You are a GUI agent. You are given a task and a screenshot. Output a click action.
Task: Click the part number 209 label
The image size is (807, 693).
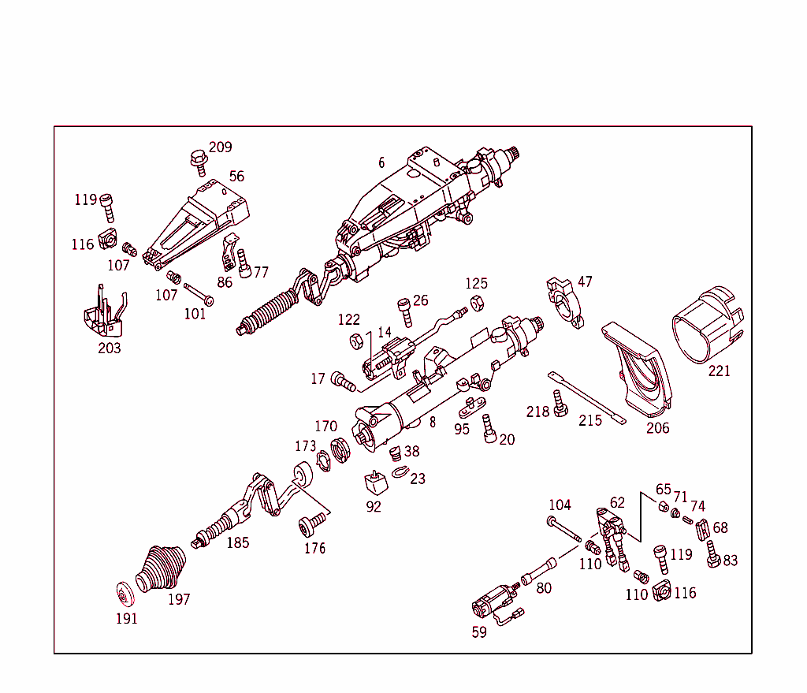point(221,147)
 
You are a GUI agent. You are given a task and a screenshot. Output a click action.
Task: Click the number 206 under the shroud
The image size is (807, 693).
point(657,428)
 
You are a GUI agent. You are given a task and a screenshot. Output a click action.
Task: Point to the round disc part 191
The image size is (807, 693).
point(124,594)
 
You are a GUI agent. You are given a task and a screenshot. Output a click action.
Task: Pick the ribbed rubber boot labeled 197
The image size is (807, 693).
point(162,570)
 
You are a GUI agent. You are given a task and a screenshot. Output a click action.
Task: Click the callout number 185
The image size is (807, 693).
point(238,542)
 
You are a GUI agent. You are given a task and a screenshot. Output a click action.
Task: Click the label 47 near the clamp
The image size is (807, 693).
point(585,281)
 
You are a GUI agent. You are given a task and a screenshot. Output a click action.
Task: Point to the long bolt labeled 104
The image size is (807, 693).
point(563,529)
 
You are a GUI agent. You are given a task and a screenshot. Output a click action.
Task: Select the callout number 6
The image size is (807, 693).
point(381,162)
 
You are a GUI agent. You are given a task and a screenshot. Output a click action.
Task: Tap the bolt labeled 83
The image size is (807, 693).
point(713,554)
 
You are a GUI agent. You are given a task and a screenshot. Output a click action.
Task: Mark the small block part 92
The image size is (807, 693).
point(373,483)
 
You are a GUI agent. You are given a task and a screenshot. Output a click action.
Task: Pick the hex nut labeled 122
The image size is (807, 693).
point(355,341)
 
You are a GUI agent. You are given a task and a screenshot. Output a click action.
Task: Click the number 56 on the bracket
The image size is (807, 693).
point(236,176)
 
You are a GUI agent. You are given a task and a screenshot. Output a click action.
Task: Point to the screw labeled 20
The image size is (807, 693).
point(488,429)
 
